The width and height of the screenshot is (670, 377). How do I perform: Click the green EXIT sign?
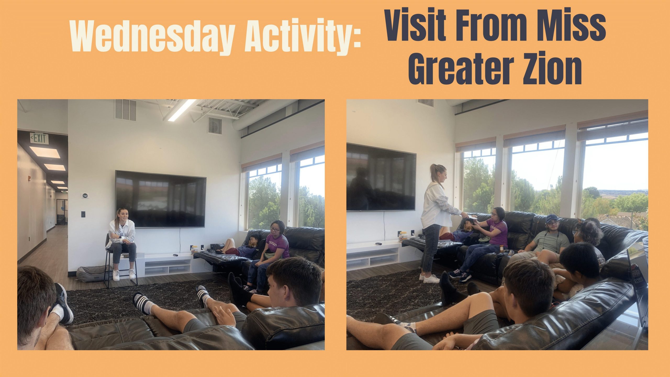coord(39,138)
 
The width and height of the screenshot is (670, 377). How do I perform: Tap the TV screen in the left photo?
coord(161,199)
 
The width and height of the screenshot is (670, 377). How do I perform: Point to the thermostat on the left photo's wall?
coord(85,195)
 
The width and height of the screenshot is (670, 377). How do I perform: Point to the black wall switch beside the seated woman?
coord(83,214)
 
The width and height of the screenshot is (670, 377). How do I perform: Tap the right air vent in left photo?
coord(215,126)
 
